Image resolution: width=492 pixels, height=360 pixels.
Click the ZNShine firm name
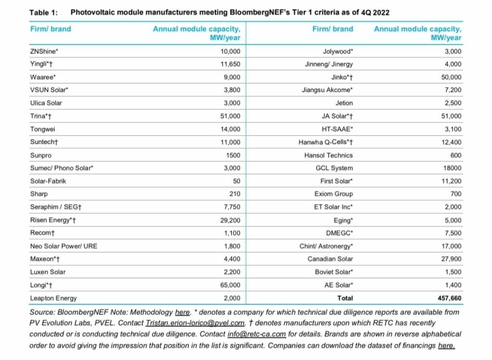click(44, 51)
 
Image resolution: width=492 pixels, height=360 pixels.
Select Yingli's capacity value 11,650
click(231, 64)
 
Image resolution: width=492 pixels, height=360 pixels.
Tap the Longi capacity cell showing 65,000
click(231, 285)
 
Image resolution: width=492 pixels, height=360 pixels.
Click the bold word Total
click(344, 298)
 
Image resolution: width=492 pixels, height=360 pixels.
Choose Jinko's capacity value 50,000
click(450, 77)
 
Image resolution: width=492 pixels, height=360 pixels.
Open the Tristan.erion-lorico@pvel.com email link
click(200, 323)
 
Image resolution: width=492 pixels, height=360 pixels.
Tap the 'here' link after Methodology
click(182, 312)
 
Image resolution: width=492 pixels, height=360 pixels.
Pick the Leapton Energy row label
click(53, 298)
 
